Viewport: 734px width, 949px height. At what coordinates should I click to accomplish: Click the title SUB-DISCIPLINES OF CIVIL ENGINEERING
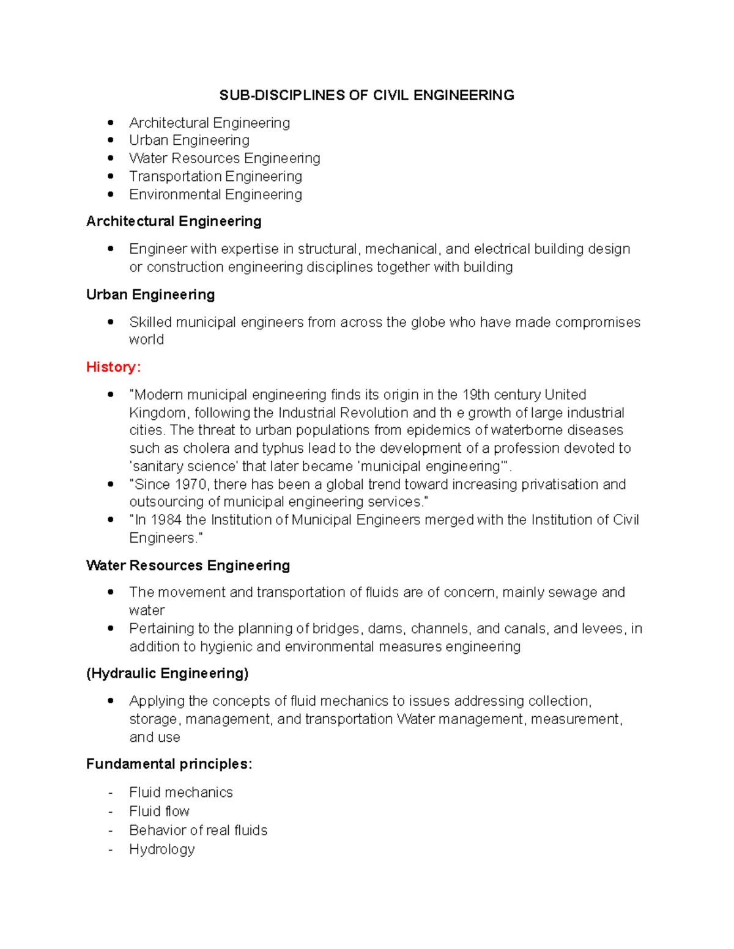click(x=366, y=95)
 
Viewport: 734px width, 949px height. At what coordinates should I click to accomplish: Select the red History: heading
click(x=113, y=367)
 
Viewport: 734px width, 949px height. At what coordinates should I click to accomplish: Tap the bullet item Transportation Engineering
click(x=215, y=177)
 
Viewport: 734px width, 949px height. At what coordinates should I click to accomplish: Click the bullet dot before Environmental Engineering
click(x=111, y=194)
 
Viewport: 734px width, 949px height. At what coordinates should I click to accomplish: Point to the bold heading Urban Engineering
click(x=150, y=295)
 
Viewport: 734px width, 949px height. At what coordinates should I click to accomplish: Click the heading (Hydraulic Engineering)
click(x=168, y=673)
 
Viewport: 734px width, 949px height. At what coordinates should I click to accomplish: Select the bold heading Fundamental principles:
click(x=169, y=764)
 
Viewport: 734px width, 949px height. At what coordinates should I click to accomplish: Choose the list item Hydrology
click(x=162, y=849)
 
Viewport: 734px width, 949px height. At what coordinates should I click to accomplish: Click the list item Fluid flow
click(x=159, y=812)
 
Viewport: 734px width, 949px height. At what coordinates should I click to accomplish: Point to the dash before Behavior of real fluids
click(x=111, y=830)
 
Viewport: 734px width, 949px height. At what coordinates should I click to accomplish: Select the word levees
click(x=602, y=629)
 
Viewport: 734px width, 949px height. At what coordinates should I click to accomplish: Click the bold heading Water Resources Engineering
click(x=188, y=565)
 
